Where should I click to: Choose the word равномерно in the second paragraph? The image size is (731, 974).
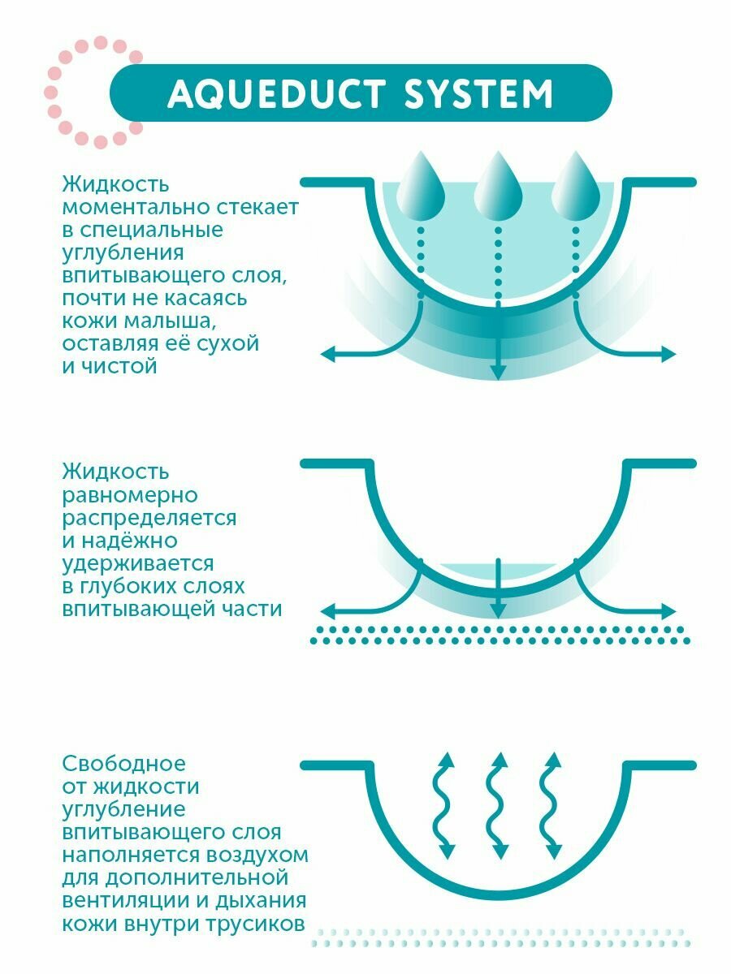point(130,494)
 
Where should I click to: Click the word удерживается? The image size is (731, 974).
point(138,562)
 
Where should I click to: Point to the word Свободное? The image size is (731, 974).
point(123,764)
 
